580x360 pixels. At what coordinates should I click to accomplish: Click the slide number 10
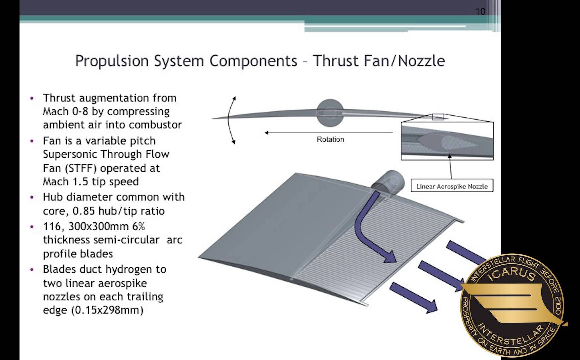(480, 12)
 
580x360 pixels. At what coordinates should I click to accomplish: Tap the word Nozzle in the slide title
(422, 61)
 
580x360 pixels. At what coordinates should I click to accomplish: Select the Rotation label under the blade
(330, 139)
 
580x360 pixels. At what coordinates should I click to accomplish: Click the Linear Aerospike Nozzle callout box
(452, 186)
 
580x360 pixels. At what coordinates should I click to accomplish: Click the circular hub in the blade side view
(330, 113)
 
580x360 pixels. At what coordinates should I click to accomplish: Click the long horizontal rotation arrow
(329, 133)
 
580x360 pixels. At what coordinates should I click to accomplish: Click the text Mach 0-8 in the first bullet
(65, 111)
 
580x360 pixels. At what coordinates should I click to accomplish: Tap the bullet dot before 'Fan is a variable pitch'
(32, 141)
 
